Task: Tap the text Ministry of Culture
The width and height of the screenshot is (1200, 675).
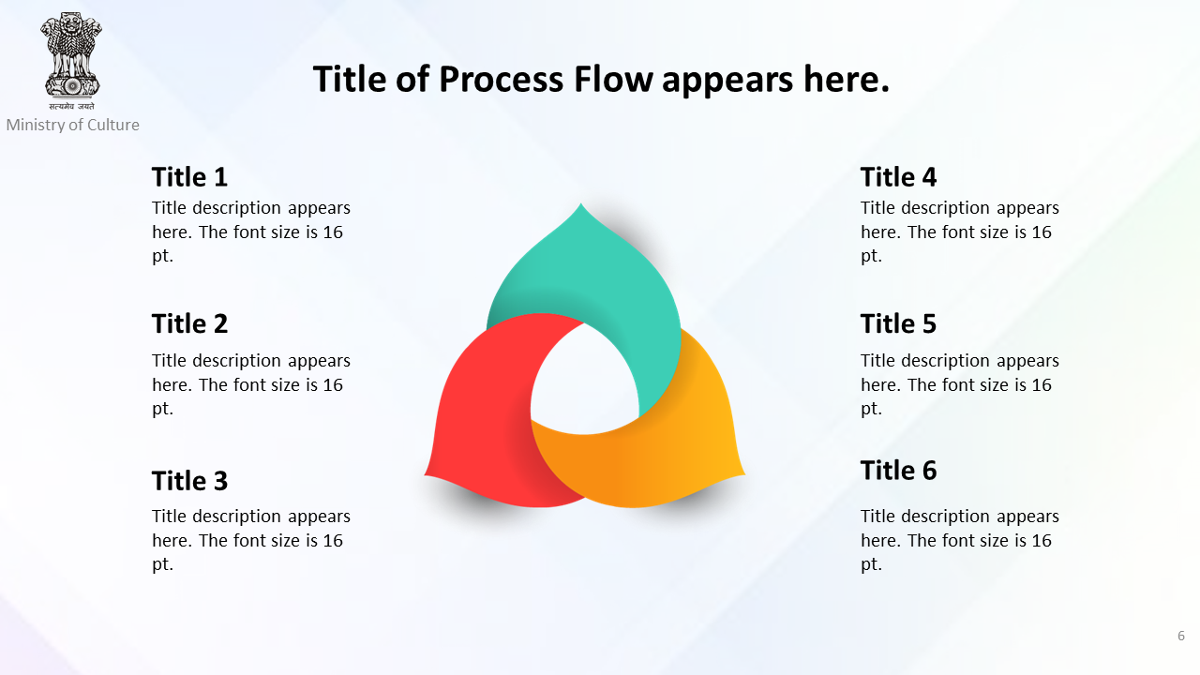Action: pyautogui.click(x=73, y=125)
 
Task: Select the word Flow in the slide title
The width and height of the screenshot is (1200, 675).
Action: pyautogui.click(x=613, y=80)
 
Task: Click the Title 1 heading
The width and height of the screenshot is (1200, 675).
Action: pyautogui.click(x=189, y=177)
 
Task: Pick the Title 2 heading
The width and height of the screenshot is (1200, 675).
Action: pyautogui.click(x=189, y=323)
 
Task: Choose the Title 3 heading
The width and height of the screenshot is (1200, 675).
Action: pyautogui.click(x=189, y=481)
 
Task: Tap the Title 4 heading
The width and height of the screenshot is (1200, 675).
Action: pyautogui.click(x=898, y=177)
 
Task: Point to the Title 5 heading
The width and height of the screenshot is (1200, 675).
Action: pyautogui.click(x=898, y=323)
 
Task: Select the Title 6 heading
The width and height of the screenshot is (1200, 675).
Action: pyautogui.click(x=898, y=471)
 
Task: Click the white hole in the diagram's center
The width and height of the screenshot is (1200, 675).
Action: pyautogui.click(x=585, y=381)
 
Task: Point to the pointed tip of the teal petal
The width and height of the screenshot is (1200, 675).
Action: pyautogui.click(x=581, y=203)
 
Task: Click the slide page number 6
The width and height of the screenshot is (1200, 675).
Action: pyautogui.click(x=1180, y=636)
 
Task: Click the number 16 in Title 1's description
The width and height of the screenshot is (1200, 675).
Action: pyautogui.click(x=333, y=232)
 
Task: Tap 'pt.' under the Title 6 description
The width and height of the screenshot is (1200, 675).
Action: pyautogui.click(x=871, y=564)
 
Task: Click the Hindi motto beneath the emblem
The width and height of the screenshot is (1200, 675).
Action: pyautogui.click(x=72, y=106)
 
